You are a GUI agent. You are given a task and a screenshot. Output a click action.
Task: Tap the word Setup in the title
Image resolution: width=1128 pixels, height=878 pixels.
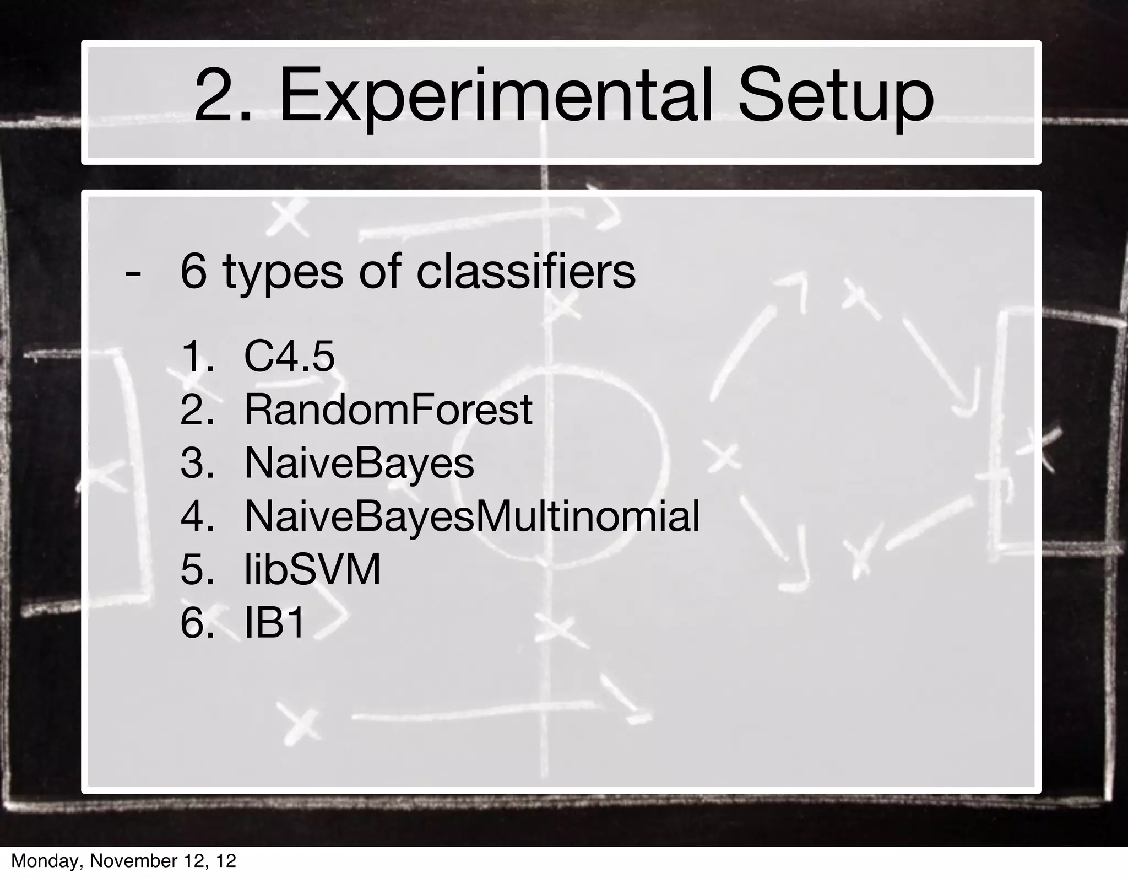pos(836,98)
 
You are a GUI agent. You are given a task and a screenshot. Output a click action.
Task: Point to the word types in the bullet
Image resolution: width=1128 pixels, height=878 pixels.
pos(283,274)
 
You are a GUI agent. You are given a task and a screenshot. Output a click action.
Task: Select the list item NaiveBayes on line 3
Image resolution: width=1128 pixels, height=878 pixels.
pos(359,463)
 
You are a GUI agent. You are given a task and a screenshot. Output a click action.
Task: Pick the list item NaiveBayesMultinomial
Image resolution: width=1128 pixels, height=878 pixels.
pos(471,516)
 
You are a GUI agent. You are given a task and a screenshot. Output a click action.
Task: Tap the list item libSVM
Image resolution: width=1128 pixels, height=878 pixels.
pos(312,569)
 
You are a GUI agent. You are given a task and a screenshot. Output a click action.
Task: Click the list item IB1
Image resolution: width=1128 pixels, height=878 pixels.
pos(274,623)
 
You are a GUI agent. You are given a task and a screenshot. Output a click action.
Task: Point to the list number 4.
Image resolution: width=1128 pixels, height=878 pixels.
pos(197,516)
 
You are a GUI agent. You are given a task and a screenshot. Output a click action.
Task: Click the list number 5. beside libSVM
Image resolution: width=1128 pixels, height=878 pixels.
pos(197,569)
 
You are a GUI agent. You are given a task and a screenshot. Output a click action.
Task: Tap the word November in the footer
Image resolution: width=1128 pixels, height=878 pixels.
pos(132,861)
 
